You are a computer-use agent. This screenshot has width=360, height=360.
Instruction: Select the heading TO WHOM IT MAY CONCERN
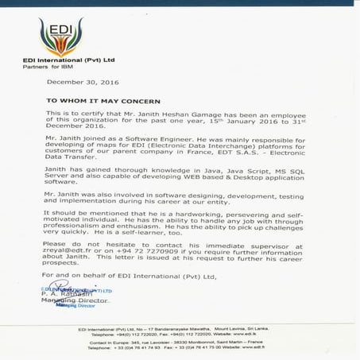coord(103,102)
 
